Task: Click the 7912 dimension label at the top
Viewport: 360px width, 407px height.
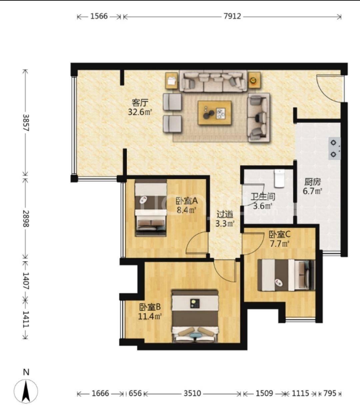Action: pyautogui.click(x=232, y=16)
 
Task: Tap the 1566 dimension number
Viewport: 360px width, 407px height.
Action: pyautogui.click(x=99, y=16)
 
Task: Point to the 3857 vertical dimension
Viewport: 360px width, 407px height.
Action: pyautogui.click(x=26, y=123)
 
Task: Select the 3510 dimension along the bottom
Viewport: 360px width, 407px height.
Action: pyautogui.click(x=192, y=393)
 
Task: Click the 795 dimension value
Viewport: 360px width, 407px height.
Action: pyautogui.click(x=330, y=393)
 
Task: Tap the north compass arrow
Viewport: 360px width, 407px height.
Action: pyautogui.click(x=26, y=392)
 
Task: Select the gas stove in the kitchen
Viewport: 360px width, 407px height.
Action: pyautogui.click(x=335, y=149)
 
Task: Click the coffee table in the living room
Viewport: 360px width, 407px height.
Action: pyautogui.click(x=214, y=113)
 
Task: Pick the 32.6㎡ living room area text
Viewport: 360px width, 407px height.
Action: pyautogui.click(x=140, y=112)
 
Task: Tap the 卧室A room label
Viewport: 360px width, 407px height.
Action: pyautogui.click(x=187, y=201)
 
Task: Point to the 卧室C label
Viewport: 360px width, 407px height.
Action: pyautogui.click(x=280, y=234)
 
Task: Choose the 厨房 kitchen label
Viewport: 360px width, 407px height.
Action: pyautogui.click(x=312, y=182)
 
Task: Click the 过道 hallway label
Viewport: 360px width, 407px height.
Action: pyautogui.click(x=225, y=214)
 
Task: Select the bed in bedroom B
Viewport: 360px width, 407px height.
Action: pyautogui.click(x=195, y=316)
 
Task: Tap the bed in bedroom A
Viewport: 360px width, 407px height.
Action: pyautogui.click(x=151, y=208)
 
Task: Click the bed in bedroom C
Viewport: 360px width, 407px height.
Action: pyautogui.click(x=286, y=275)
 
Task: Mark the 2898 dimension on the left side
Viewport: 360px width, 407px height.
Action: pyautogui.click(x=26, y=218)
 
